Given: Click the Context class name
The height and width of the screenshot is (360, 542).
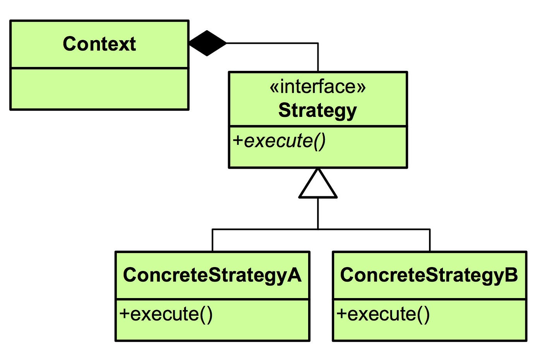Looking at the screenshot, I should (99, 44).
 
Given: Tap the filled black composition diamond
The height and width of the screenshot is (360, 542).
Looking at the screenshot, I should (208, 43).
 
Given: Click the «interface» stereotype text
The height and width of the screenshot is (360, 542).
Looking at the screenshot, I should (317, 87).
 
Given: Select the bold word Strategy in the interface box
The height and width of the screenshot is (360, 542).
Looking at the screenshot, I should (317, 110).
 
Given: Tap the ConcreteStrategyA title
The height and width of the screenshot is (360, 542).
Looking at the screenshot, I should (212, 275).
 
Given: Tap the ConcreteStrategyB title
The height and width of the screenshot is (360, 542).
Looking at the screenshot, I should (429, 275).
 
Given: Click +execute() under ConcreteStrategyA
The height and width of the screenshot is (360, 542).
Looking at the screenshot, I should (166, 314).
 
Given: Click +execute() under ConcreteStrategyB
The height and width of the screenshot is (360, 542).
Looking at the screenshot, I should (383, 314).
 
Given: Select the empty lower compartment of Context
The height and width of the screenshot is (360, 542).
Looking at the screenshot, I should (99, 89).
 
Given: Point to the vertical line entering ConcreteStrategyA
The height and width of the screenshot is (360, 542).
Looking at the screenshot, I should (212, 240).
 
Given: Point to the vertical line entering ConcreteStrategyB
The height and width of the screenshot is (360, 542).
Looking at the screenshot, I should (430, 240).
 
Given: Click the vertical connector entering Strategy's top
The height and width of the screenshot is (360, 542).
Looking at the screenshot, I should (318, 58).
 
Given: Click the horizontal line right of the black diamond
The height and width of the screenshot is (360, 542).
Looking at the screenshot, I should (271, 43).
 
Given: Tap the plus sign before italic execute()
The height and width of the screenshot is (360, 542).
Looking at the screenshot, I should (238, 141).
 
